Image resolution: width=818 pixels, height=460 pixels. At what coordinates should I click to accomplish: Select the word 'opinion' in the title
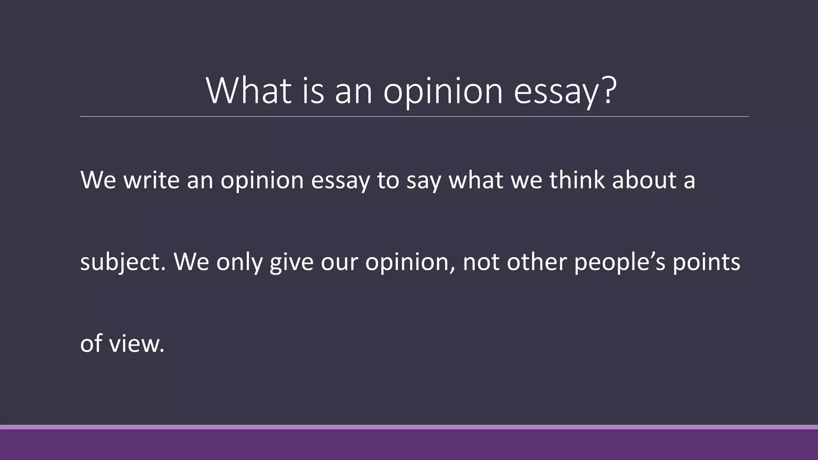point(443,93)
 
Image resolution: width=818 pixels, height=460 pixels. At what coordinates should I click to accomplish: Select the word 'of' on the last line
point(91,343)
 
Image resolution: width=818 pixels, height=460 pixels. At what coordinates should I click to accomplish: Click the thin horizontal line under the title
point(414,117)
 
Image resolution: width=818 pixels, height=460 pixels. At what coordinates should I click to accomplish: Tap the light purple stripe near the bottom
point(409,427)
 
